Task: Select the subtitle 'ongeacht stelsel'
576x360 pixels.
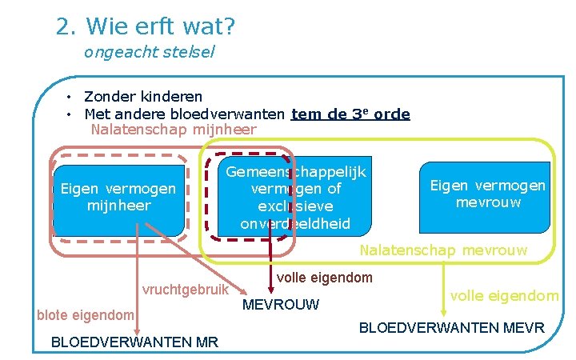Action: click(149, 54)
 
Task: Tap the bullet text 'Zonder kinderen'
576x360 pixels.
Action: click(143, 98)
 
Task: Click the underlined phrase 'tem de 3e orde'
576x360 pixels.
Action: click(350, 114)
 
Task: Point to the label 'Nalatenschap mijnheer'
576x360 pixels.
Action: click(174, 130)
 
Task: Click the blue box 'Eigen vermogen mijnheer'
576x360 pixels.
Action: click(118, 198)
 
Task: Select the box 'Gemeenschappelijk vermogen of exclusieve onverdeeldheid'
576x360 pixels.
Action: click(295, 198)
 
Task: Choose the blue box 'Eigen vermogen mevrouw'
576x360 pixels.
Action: click(487, 194)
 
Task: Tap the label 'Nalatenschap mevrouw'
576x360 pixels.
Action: click(443, 250)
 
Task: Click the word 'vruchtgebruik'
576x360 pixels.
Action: click(185, 290)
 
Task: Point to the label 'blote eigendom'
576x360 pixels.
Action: click(85, 315)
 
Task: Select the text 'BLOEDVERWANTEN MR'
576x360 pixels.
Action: click(134, 342)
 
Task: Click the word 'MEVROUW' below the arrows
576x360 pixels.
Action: click(280, 304)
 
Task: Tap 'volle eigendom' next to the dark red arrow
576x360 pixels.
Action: click(324, 278)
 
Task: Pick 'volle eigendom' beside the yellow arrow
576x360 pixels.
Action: click(504, 296)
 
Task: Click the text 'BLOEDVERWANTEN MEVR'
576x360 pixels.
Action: click(451, 328)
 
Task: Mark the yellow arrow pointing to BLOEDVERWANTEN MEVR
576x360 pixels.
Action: click(442, 288)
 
